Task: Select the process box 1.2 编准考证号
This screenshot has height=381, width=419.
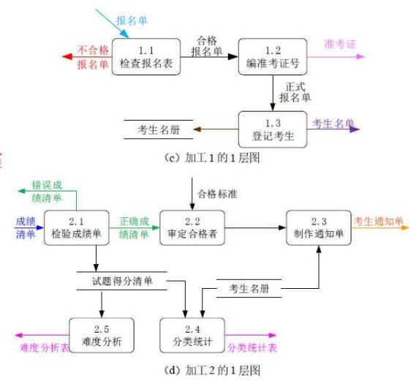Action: (272, 56)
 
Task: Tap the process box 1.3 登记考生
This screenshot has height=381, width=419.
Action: (272, 129)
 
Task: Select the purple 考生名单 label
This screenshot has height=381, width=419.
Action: (333, 123)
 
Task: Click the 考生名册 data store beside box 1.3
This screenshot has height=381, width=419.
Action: (158, 129)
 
